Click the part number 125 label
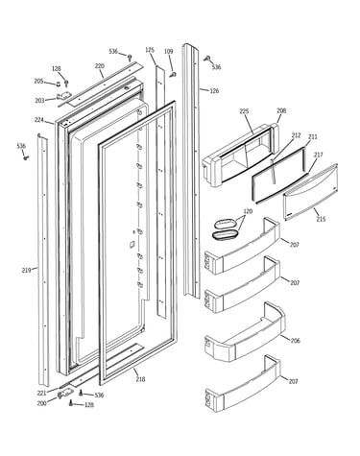point(150,50)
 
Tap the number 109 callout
point(168,51)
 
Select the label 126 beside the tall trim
point(214,91)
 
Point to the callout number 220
point(100,66)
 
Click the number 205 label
point(38,82)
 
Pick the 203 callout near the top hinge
point(39,101)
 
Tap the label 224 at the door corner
point(39,120)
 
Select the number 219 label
point(27,271)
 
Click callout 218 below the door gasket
point(140,379)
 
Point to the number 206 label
point(295,341)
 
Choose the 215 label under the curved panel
point(321,219)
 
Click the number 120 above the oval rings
point(248,211)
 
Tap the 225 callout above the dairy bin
point(244,111)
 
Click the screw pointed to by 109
point(174,75)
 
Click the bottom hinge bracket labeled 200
point(64,395)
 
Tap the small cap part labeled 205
point(59,84)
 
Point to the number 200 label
point(41,403)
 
